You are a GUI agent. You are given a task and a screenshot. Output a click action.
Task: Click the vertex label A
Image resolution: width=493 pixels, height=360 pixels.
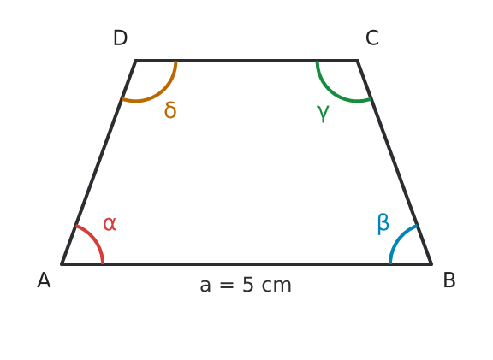[44, 280]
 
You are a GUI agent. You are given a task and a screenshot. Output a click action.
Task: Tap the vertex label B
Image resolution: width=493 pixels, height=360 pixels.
[449, 280]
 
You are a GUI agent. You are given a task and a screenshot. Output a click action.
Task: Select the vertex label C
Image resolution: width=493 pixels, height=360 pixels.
[372, 38]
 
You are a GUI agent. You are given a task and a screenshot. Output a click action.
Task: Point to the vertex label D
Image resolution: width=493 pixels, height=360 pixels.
[120, 38]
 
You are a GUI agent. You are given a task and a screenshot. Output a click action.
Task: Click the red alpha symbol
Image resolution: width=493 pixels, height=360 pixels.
[110, 224]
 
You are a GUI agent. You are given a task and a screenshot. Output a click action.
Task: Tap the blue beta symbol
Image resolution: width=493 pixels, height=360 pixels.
[383, 224]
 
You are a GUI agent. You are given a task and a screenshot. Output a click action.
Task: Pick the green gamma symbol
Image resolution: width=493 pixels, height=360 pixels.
[323, 113]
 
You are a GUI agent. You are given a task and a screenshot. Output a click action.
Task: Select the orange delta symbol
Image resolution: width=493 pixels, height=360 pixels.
[170, 110]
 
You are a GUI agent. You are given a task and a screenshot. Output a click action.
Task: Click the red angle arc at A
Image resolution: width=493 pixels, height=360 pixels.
[95, 239]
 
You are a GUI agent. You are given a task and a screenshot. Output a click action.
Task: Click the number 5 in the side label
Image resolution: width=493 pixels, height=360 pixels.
[247, 285]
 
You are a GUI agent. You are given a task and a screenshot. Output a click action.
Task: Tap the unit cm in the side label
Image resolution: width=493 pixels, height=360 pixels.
[276, 286]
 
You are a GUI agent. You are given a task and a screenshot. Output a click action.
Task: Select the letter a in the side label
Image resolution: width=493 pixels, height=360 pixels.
[205, 286]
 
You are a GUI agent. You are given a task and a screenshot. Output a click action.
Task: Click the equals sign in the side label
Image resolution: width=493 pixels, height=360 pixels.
[227, 286]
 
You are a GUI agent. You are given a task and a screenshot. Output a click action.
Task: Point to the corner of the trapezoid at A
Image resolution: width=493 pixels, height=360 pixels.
[62, 264]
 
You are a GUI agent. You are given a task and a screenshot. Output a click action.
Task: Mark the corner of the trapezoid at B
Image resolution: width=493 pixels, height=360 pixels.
[431, 264]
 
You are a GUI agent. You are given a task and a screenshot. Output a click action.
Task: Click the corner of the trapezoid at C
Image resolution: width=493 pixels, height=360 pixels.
[358, 61]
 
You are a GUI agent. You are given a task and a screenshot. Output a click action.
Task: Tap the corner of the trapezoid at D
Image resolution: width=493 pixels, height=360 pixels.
[135, 61]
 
